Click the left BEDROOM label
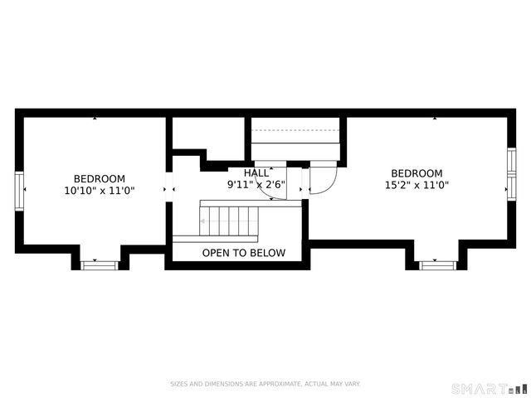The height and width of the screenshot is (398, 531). click(100, 178)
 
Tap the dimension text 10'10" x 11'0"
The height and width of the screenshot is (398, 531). click(100, 191)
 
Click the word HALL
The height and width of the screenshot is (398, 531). click(256, 172)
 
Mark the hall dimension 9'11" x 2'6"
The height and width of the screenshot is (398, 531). click(256, 184)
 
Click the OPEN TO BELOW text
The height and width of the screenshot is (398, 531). click(243, 253)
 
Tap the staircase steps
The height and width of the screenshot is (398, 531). click(230, 221)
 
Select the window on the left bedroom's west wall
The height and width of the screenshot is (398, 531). click(18, 190)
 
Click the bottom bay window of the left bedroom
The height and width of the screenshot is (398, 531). click(100, 265)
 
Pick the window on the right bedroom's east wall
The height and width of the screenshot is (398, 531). click(511, 174)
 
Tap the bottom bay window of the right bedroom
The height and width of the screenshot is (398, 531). click(437, 265)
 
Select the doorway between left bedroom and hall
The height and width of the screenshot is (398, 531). click(169, 190)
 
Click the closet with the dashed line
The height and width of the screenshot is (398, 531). click(296, 136)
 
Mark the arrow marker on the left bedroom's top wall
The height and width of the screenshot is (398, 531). click(95, 119)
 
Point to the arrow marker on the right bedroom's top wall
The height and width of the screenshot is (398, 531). click(434, 119)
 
